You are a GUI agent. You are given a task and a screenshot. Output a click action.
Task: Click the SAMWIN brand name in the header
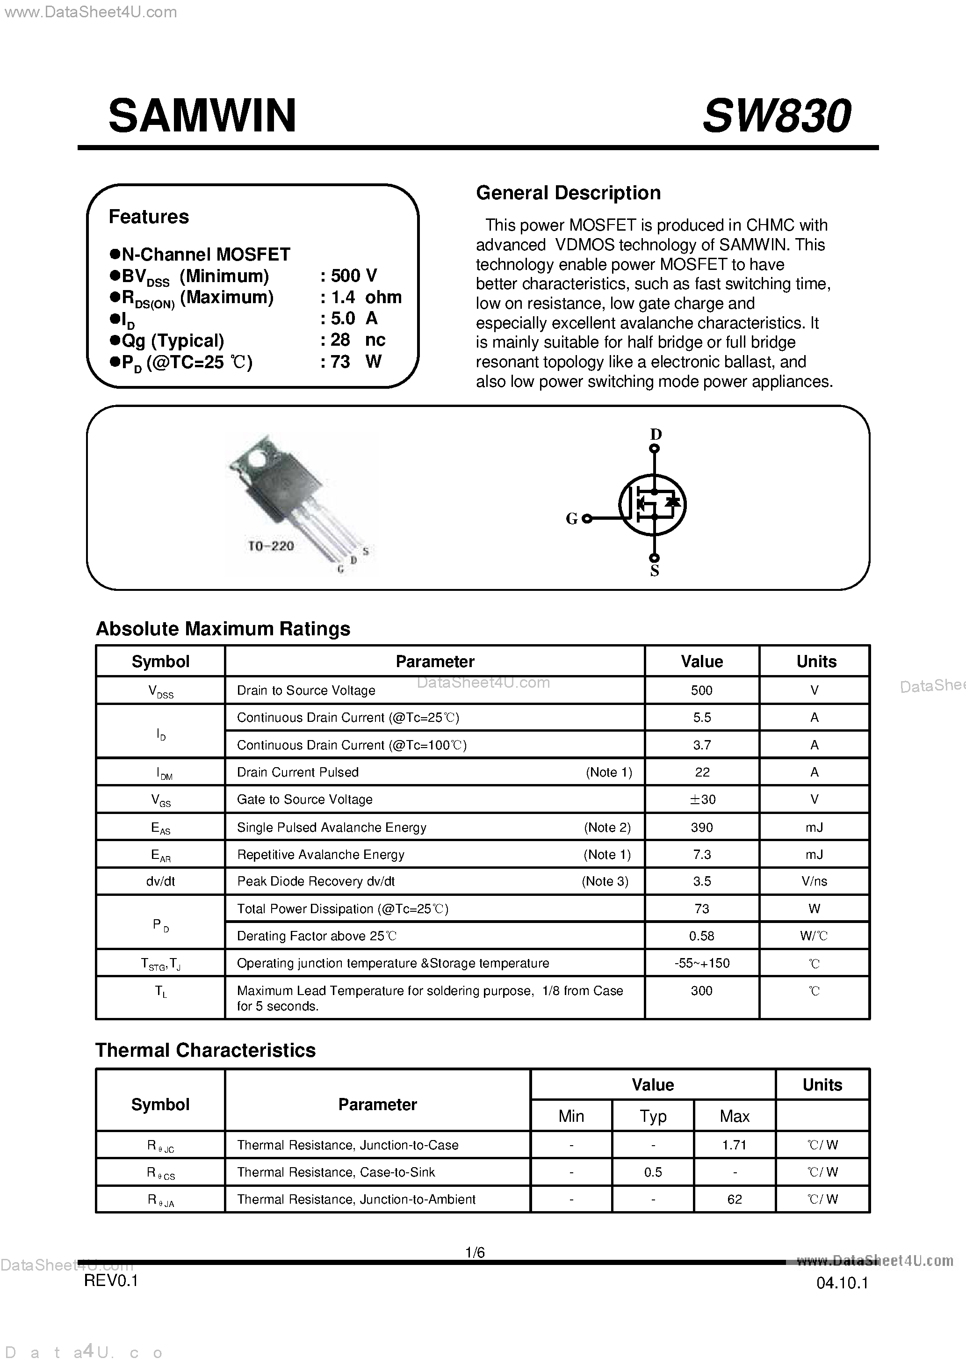coord(202,116)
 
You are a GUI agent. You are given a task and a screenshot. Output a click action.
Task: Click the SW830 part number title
coord(776,116)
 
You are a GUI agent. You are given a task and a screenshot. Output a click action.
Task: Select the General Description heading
coord(568,193)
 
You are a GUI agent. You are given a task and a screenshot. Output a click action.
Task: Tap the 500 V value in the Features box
coord(353,276)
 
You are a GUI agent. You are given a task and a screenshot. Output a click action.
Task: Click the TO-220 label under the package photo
coord(271,545)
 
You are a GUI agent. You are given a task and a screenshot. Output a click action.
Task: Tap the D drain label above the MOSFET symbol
coord(656,434)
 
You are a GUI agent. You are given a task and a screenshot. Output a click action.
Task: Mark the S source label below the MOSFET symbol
coord(654,571)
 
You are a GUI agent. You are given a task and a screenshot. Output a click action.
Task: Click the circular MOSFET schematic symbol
coord(653,504)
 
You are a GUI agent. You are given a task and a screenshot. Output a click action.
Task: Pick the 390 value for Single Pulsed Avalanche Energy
coord(702,827)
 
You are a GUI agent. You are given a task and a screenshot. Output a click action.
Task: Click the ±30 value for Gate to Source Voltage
coord(702,799)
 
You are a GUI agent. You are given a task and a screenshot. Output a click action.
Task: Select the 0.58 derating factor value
coord(701,936)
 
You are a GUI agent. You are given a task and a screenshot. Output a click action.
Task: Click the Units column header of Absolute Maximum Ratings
coord(816,661)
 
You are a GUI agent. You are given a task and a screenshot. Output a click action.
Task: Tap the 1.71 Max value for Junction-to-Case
coord(734,1145)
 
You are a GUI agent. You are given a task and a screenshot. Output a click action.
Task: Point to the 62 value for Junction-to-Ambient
coord(734,1199)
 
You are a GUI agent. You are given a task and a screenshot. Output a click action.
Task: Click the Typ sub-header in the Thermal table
coord(653,1116)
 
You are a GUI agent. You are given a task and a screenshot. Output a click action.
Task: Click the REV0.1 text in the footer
coord(111,1280)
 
